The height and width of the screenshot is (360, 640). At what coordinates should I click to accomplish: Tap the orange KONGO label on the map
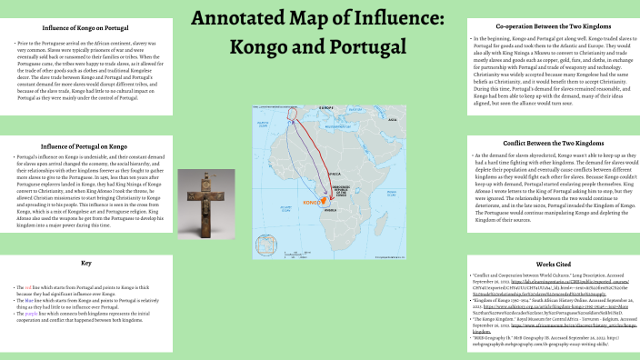308,203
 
